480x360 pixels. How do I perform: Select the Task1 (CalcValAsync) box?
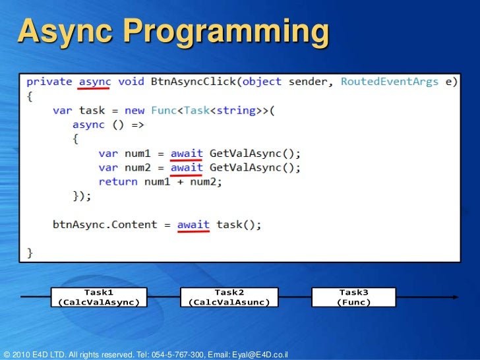pyautogui.click(x=99, y=297)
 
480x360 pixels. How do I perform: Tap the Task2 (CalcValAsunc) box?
pyautogui.click(x=229, y=297)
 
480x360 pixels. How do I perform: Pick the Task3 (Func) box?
pyautogui.click(x=353, y=297)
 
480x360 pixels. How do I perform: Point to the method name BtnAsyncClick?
pyautogui.click(x=195, y=82)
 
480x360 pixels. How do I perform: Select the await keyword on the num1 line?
pyautogui.click(x=187, y=154)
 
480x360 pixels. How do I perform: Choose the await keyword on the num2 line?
pyautogui.click(x=187, y=167)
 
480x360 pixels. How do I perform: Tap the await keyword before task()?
pyautogui.click(x=193, y=225)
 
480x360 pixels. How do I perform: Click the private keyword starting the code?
pyautogui.click(x=49, y=82)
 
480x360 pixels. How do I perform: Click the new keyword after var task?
pyautogui.click(x=135, y=111)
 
